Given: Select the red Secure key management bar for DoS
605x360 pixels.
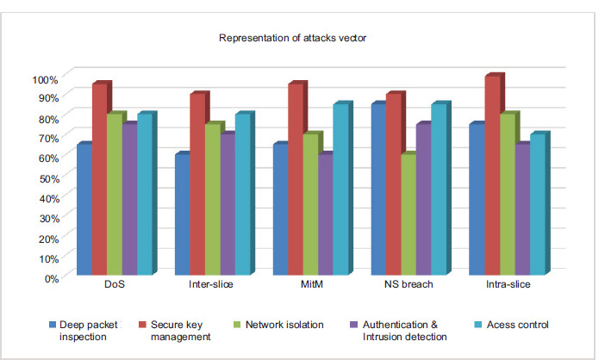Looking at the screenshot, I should [99, 181].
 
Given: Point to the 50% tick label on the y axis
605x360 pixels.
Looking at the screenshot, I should [47, 178].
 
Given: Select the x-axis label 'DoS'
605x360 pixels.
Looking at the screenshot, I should [114, 284].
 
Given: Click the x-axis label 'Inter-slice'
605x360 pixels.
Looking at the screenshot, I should [212, 284].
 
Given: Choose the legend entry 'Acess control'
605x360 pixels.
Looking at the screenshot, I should [518, 325].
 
